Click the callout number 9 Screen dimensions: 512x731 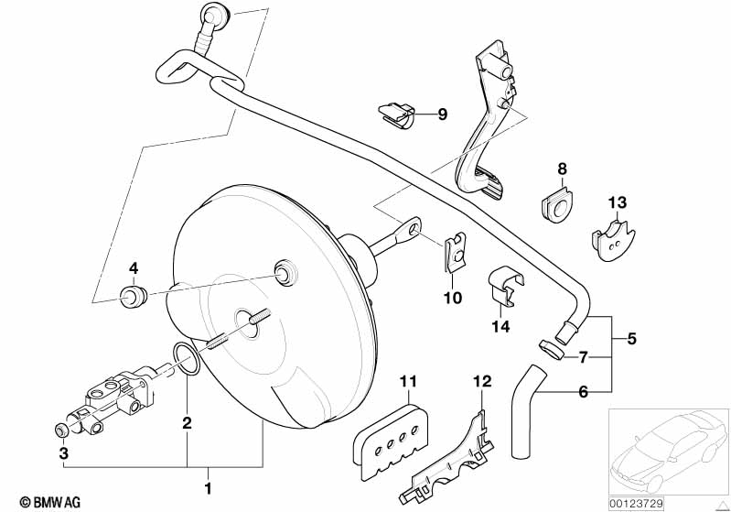(x=442, y=114)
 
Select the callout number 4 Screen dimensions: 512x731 (x=133, y=268)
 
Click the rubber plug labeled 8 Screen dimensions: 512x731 (x=556, y=206)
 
